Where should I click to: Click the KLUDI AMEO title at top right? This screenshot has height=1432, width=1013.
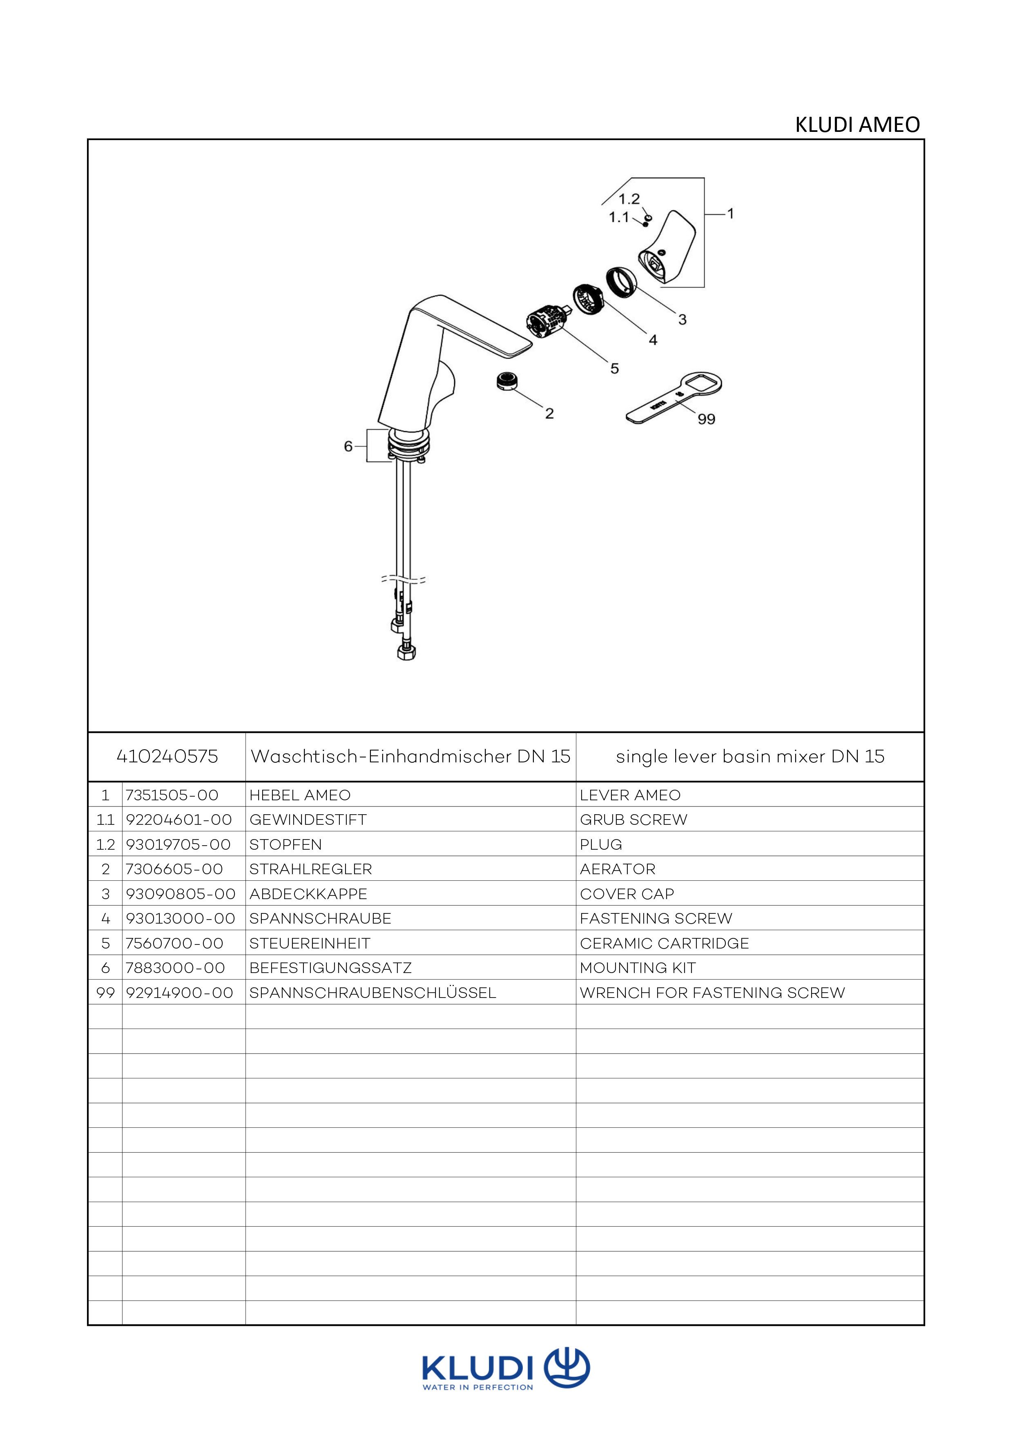click(857, 125)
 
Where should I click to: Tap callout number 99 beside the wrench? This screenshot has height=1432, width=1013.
click(706, 419)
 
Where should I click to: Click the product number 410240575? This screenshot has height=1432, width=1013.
click(167, 757)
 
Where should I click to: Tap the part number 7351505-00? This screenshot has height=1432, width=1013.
click(172, 795)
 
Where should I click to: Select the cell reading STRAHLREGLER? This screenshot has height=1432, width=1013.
click(310, 869)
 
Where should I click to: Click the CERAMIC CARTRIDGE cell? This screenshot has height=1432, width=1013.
click(664, 943)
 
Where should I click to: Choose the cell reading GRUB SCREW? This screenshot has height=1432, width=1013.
click(633, 820)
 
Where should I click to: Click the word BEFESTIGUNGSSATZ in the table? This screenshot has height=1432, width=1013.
click(330, 968)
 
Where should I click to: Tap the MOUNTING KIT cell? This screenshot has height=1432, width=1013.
click(638, 968)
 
